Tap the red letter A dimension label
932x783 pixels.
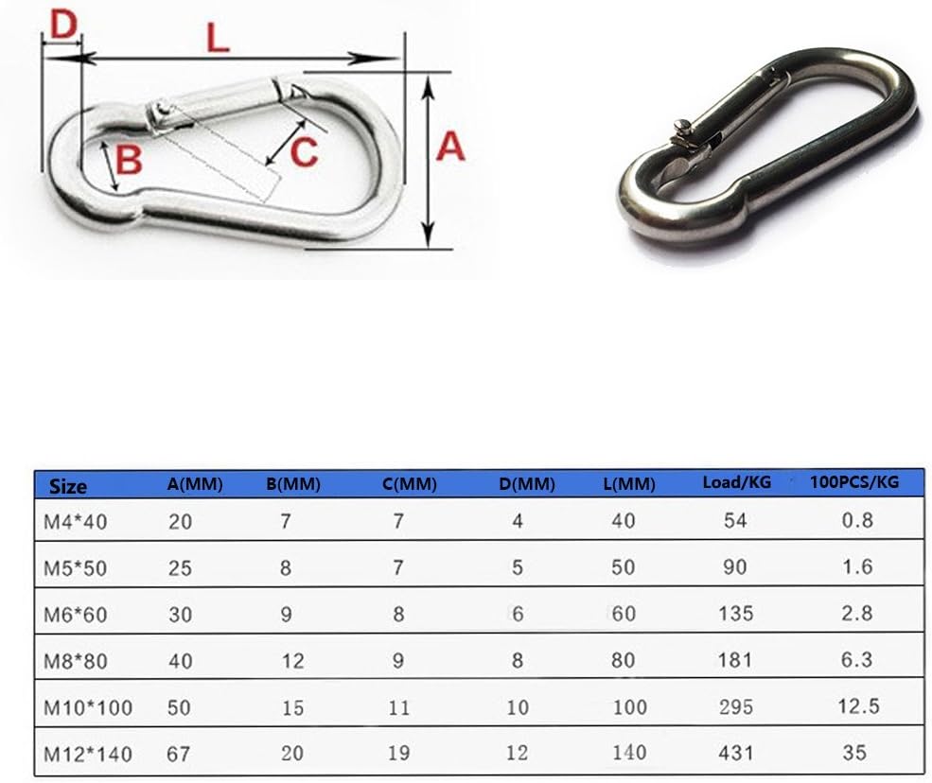click(450, 148)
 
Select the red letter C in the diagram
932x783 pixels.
click(303, 151)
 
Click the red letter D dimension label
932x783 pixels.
click(62, 26)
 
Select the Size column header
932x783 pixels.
click(68, 486)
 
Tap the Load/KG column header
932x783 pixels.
click(736, 482)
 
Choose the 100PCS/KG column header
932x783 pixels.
click(854, 482)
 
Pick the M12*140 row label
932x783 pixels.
click(89, 754)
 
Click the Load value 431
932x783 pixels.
click(736, 754)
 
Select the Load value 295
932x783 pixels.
click(736, 707)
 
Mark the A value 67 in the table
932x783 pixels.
click(180, 754)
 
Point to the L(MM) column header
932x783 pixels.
click(628, 485)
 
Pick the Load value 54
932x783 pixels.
click(735, 520)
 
